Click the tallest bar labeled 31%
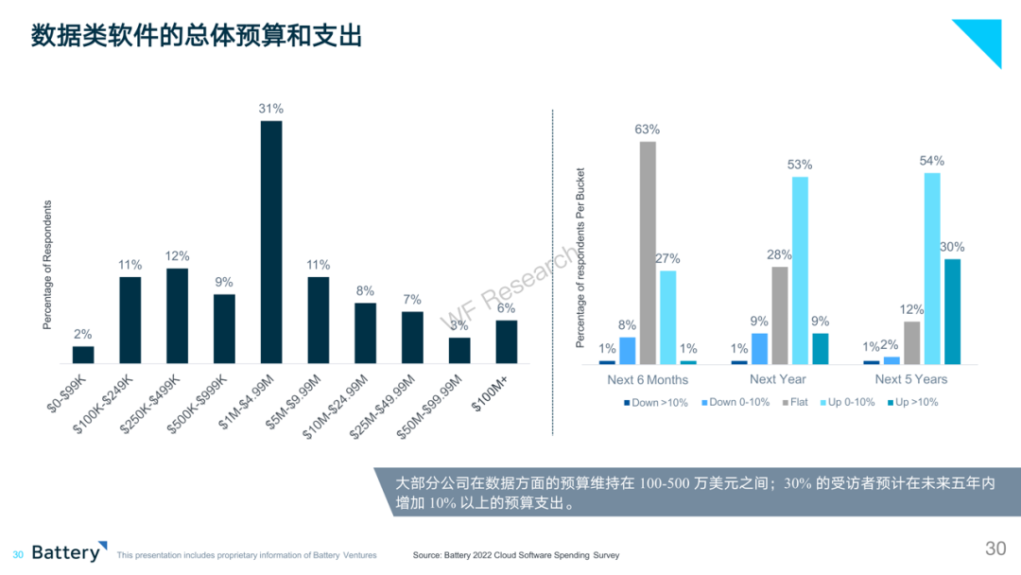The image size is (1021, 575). (x=271, y=241)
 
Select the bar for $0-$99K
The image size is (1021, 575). (x=83, y=355)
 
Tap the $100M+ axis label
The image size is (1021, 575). (x=490, y=394)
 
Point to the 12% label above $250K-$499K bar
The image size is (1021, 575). (x=177, y=256)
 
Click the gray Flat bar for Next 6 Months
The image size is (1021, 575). (x=648, y=253)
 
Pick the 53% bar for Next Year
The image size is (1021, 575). (x=801, y=270)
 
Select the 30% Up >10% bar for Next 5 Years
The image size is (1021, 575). (x=953, y=311)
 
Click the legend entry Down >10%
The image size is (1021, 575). (x=656, y=403)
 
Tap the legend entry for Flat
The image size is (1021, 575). (x=795, y=403)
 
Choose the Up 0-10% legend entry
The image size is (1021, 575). (x=847, y=403)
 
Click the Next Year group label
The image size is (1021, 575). (x=777, y=379)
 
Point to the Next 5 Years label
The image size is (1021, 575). (x=911, y=379)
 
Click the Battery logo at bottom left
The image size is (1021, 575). (x=69, y=551)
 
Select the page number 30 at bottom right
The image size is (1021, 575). (x=995, y=549)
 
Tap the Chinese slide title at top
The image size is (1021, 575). (x=197, y=36)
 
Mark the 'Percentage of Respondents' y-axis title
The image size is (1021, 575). (x=47, y=265)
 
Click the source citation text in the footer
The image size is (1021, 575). (x=516, y=555)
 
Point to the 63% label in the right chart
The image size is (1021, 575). (x=648, y=130)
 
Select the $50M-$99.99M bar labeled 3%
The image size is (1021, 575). (x=459, y=350)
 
